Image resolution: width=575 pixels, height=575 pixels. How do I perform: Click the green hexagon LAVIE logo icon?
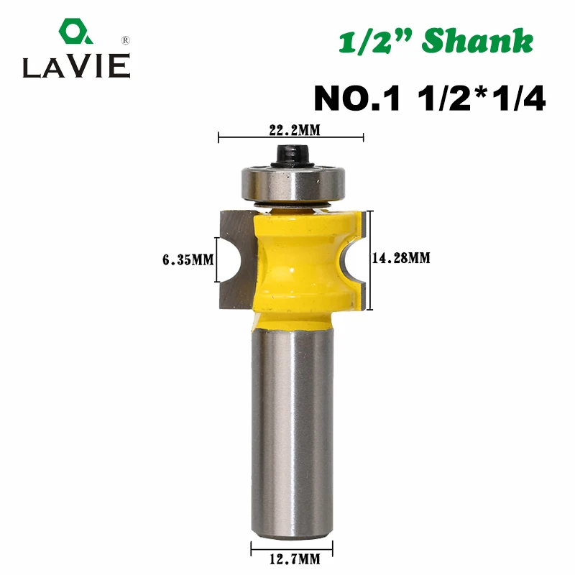pos(75,32)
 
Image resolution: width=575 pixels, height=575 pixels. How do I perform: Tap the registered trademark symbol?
pos(125,40)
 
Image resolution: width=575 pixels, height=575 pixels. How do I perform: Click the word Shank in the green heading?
pos(477,41)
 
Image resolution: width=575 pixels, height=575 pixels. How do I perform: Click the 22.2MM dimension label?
pos(295,130)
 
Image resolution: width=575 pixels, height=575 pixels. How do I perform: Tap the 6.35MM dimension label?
pos(188,260)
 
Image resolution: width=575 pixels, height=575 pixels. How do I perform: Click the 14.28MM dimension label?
pos(401,258)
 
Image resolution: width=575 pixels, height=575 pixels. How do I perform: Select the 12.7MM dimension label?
pos(295,559)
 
